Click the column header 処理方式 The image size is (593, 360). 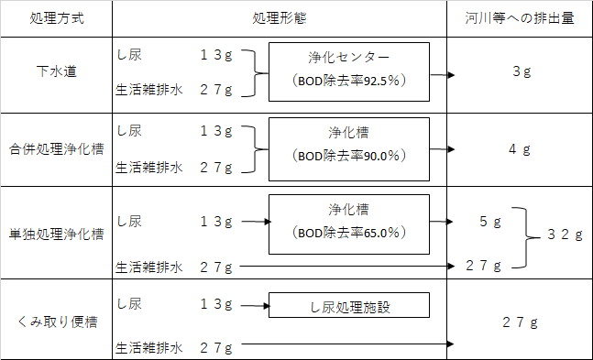pos(57,18)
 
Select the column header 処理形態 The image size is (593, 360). pos(280,18)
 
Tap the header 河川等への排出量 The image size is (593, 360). pos(520,18)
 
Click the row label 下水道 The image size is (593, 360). pos(57,71)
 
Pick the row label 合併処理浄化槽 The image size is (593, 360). pos(56,149)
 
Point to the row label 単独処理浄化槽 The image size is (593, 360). pos(56,235)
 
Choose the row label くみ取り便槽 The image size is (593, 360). pos(58,322)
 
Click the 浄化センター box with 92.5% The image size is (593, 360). pos(349,71)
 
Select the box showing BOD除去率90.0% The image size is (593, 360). pos(349,149)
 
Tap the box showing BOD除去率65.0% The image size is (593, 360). pos(349,224)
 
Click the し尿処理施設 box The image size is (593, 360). pos(349,305)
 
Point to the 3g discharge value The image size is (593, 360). pos(522,71)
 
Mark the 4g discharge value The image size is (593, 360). pos(520,149)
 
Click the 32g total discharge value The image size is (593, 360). pos(565,235)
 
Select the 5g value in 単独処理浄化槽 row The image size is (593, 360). pos(490,222)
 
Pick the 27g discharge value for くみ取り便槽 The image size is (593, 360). pos(520,322)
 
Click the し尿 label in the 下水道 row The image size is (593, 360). pos(129,55)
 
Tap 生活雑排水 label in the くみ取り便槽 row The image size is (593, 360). pos(149,348)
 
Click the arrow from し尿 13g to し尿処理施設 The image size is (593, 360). pos(256,306)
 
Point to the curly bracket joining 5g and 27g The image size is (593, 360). pos(526,237)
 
